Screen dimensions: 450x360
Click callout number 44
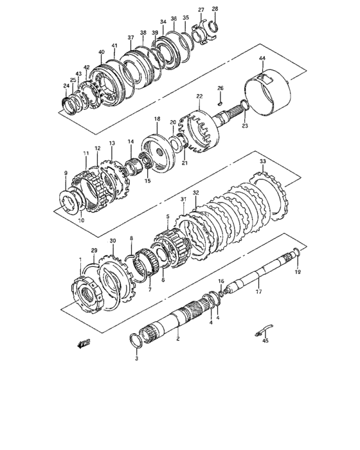(262, 59)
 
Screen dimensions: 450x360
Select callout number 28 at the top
(215, 8)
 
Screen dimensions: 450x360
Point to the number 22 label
(199, 96)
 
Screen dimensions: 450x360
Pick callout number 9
(65, 173)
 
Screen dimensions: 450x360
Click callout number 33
(262, 161)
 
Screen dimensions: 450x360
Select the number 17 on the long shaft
(258, 291)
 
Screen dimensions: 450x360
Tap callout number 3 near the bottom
(136, 359)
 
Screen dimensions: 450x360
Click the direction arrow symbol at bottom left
(82, 344)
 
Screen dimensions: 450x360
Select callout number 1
(80, 258)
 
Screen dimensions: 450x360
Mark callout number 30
(113, 241)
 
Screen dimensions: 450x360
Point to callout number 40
(101, 52)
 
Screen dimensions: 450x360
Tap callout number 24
(66, 85)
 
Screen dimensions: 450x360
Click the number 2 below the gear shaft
(177, 338)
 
